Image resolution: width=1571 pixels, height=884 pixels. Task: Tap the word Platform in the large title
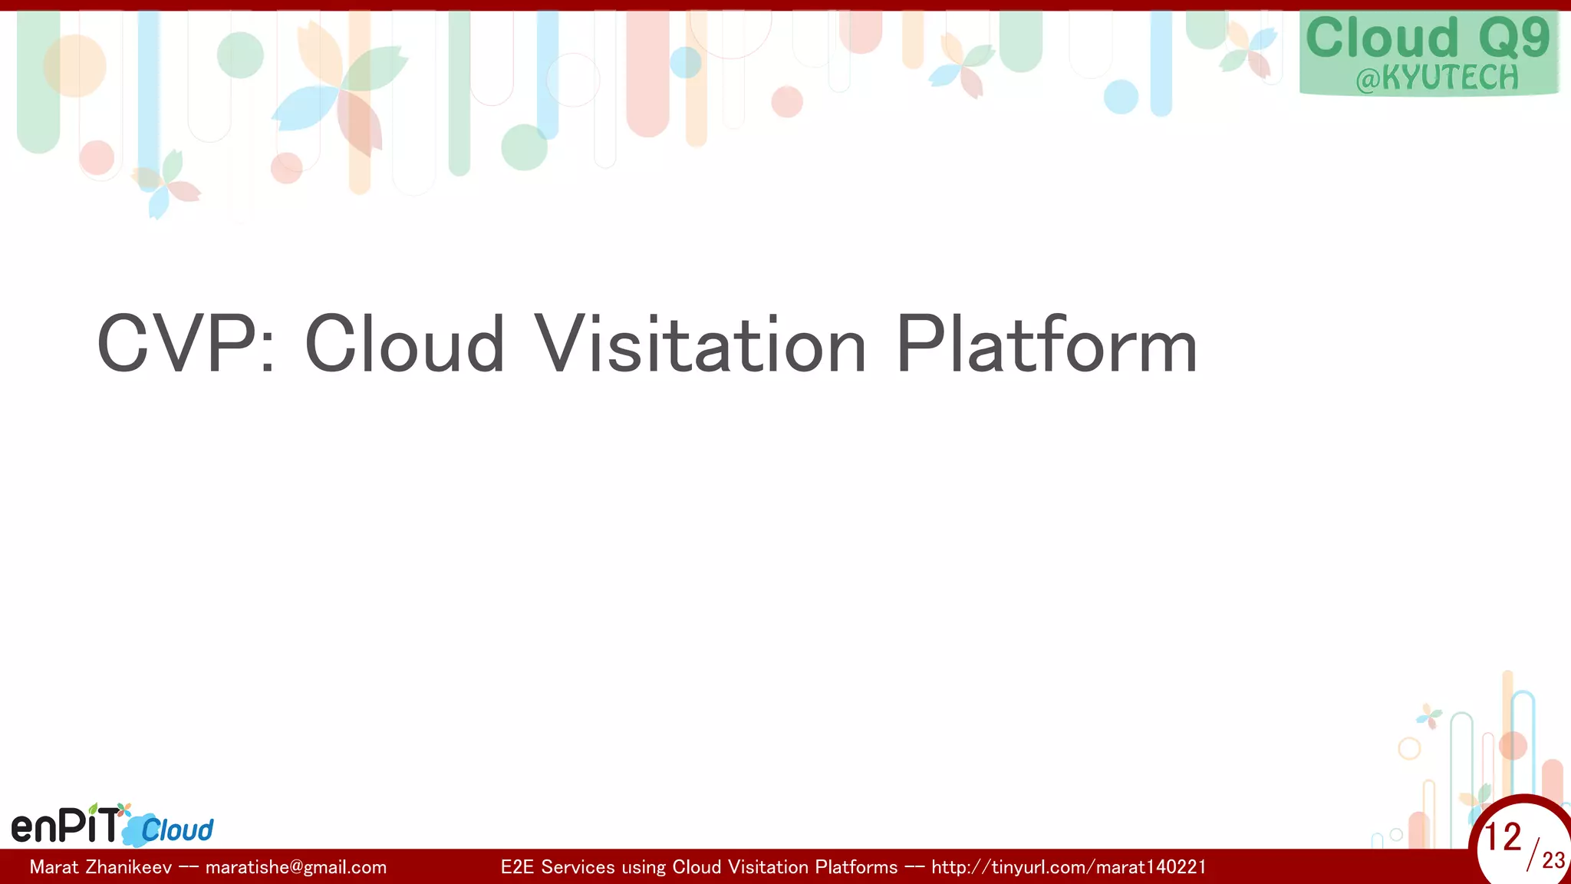[1046, 345]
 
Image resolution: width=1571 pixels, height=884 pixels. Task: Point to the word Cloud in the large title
[404, 345]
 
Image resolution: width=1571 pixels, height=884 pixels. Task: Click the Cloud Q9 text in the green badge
[1428, 38]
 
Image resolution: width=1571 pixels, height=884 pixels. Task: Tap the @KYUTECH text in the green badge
[1437, 78]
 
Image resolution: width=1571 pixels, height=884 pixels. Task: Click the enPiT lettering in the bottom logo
[66, 826]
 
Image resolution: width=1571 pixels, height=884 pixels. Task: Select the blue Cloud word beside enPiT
[177, 830]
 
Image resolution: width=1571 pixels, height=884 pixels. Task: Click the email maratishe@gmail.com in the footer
[296, 867]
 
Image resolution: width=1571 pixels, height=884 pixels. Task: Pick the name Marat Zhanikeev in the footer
[100, 867]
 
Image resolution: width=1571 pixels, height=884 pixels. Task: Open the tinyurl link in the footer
[1069, 867]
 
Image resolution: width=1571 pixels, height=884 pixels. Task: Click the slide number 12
[1502, 837]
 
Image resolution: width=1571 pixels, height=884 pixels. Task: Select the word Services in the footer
[578, 867]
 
